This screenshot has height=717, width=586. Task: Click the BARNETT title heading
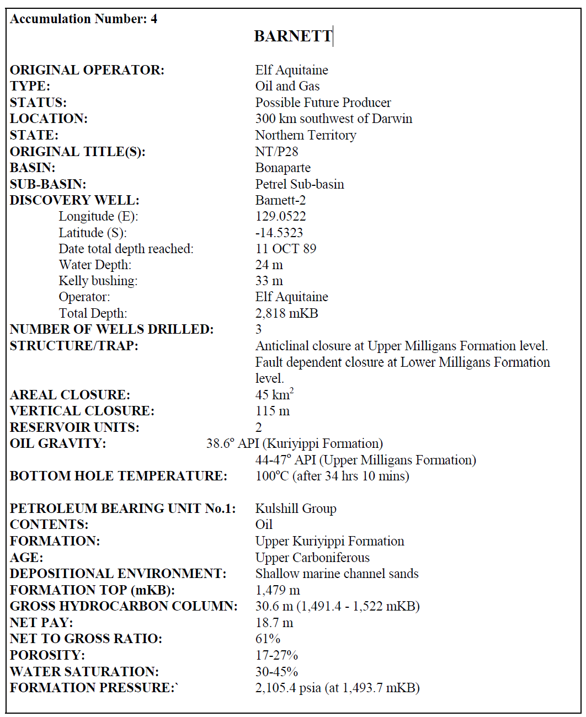point(293,36)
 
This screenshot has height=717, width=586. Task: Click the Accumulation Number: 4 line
point(83,19)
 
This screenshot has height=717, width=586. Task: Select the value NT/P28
point(276,152)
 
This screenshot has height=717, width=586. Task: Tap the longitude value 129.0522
point(280,216)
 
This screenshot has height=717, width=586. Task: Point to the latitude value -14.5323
point(279,233)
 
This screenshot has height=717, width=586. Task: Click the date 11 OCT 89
point(285,249)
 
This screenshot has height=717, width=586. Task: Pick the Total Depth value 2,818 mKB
point(286,313)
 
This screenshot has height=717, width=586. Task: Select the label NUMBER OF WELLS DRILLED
point(111,330)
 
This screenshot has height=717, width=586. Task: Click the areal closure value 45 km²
point(274,394)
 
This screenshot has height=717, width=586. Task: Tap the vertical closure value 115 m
point(272,411)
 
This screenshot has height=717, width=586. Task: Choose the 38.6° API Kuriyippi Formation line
point(294,443)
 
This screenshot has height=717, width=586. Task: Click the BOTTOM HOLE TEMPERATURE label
point(118,476)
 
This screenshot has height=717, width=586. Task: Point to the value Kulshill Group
point(296,509)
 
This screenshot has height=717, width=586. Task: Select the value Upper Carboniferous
point(312,557)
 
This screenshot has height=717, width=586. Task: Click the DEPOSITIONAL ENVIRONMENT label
point(118,574)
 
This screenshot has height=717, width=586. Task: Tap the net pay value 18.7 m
point(274,623)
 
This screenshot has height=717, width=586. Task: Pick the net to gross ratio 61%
point(268,639)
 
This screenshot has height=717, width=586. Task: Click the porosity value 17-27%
point(276,655)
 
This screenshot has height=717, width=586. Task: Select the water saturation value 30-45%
point(276,672)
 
